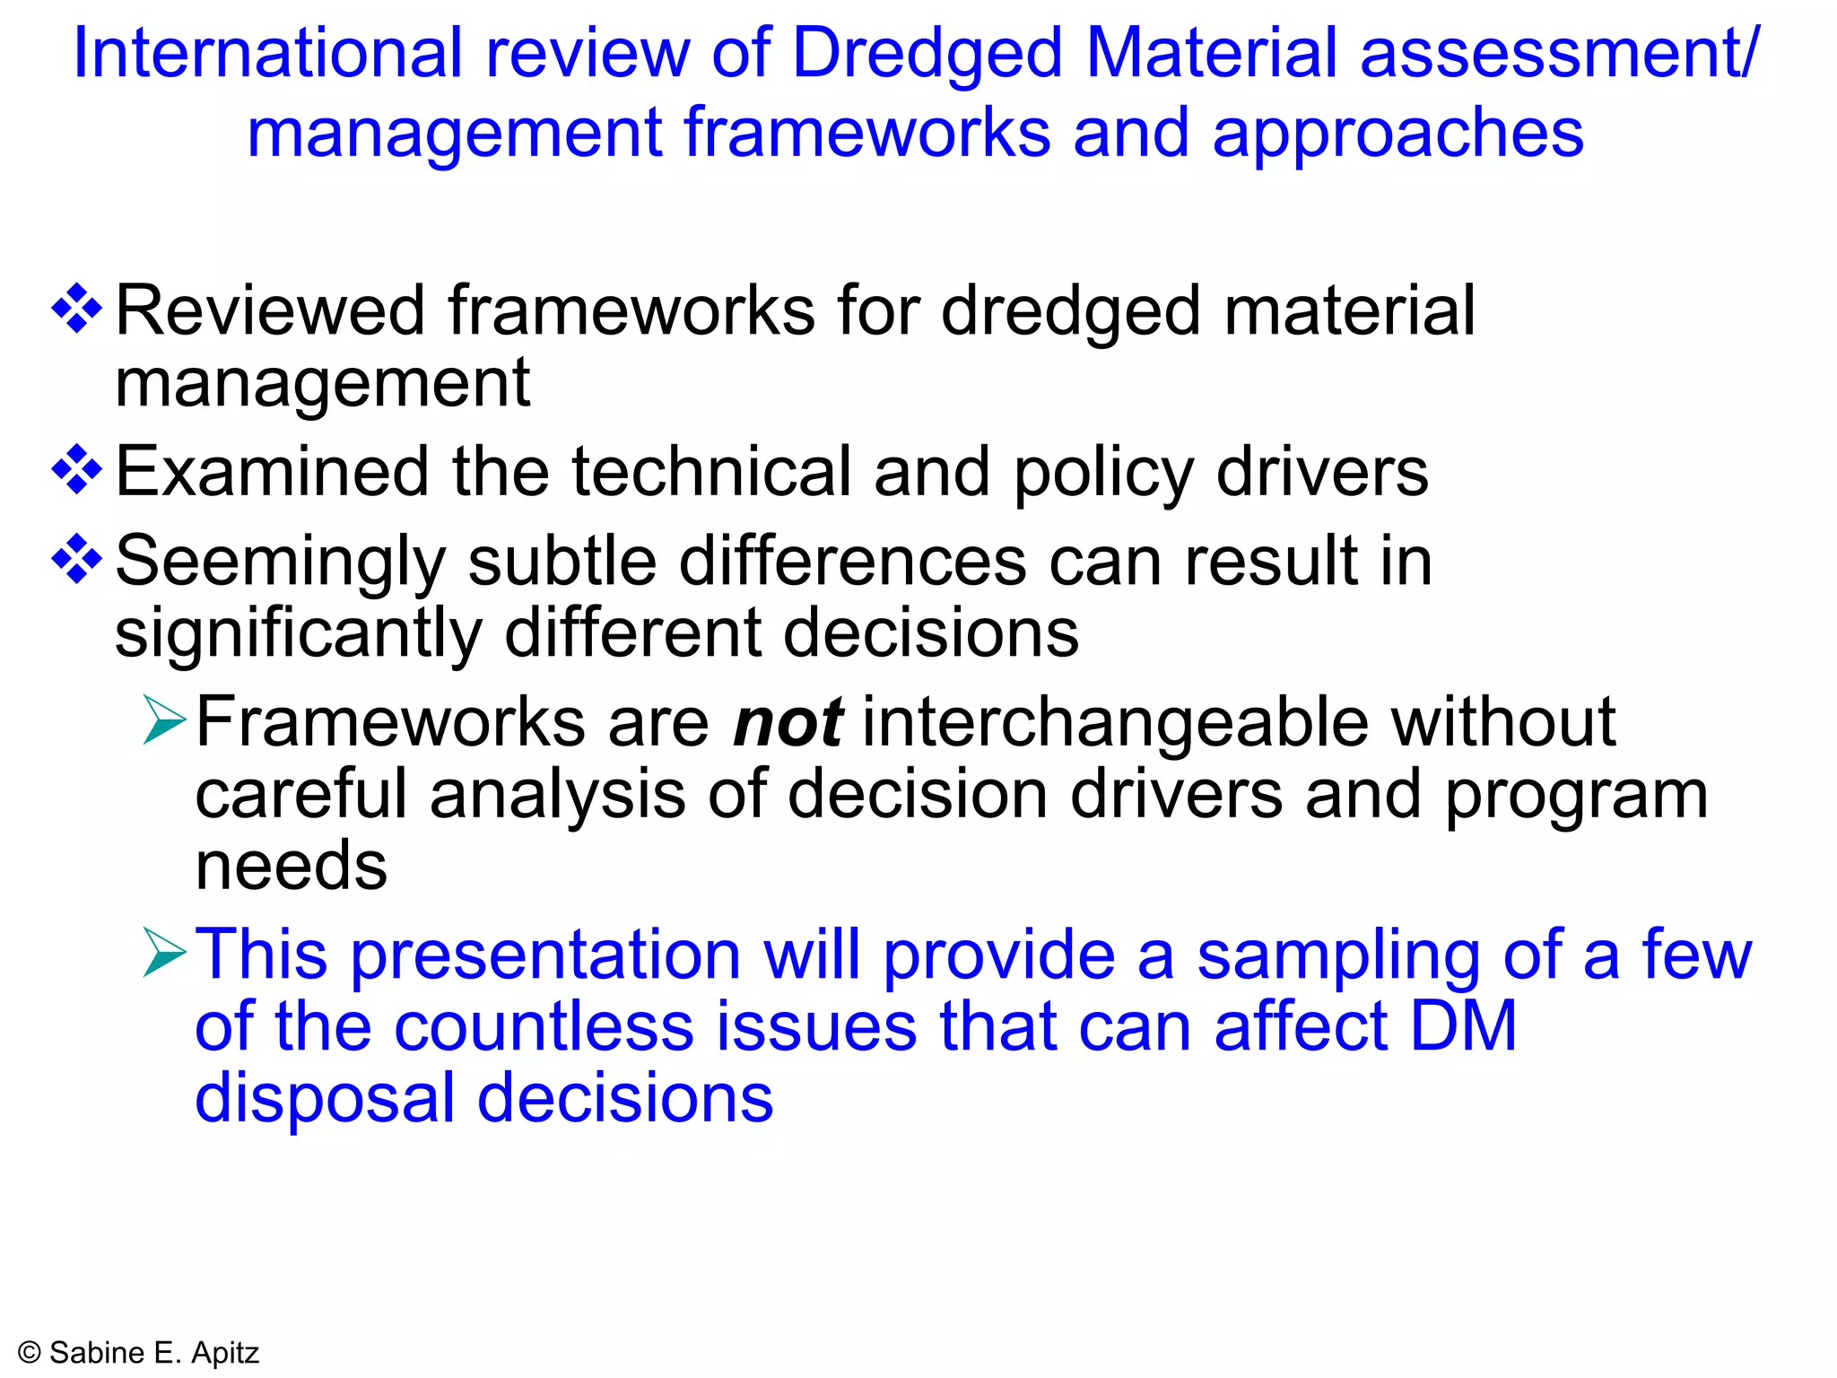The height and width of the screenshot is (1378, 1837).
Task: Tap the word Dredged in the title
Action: point(927,56)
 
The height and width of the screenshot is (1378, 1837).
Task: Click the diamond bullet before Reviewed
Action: point(77,309)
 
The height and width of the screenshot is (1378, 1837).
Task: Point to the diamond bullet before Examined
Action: point(77,470)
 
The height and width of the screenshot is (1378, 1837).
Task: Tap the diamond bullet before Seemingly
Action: point(77,560)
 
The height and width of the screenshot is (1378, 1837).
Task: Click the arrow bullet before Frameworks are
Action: point(164,720)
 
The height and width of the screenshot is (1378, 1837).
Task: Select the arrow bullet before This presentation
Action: point(164,953)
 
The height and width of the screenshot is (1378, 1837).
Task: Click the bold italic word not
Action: point(788,722)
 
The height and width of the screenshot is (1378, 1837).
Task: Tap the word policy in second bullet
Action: point(1103,474)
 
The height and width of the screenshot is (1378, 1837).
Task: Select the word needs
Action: point(292,867)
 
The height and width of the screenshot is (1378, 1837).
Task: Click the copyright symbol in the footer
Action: point(30,1353)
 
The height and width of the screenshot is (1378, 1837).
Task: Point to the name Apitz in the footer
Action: point(225,1353)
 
